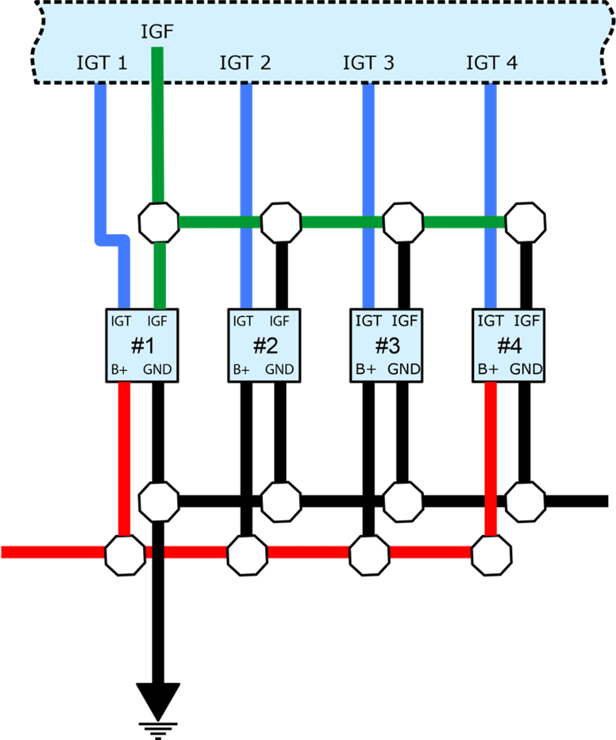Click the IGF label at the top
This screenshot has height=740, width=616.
tap(157, 32)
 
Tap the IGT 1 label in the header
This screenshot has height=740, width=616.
tap(102, 63)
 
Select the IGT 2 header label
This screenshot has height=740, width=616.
tap(245, 63)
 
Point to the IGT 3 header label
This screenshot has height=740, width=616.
tap(368, 63)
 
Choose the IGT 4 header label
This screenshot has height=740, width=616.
tap(491, 63)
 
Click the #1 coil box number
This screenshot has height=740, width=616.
tap(142, 346)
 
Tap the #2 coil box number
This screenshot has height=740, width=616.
tap(265, 346)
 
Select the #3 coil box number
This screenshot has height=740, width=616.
tap(387, 346)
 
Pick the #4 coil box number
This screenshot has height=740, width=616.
tap(509, 346)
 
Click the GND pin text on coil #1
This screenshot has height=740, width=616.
tap(157, 369)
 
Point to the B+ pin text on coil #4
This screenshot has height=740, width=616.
tap(488, 369)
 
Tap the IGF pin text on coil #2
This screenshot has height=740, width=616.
tap(279, 321)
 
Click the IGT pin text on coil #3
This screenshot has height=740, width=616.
tap(368, 321)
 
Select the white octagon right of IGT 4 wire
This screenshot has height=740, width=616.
tap(526, 222)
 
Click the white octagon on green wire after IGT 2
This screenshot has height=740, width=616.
tap(281, 222)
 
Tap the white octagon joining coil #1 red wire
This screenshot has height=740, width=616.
tap(125, 555)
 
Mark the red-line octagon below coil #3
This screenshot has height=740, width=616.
tap(369, 555)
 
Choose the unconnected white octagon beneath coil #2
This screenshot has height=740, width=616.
tap(281, 502)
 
